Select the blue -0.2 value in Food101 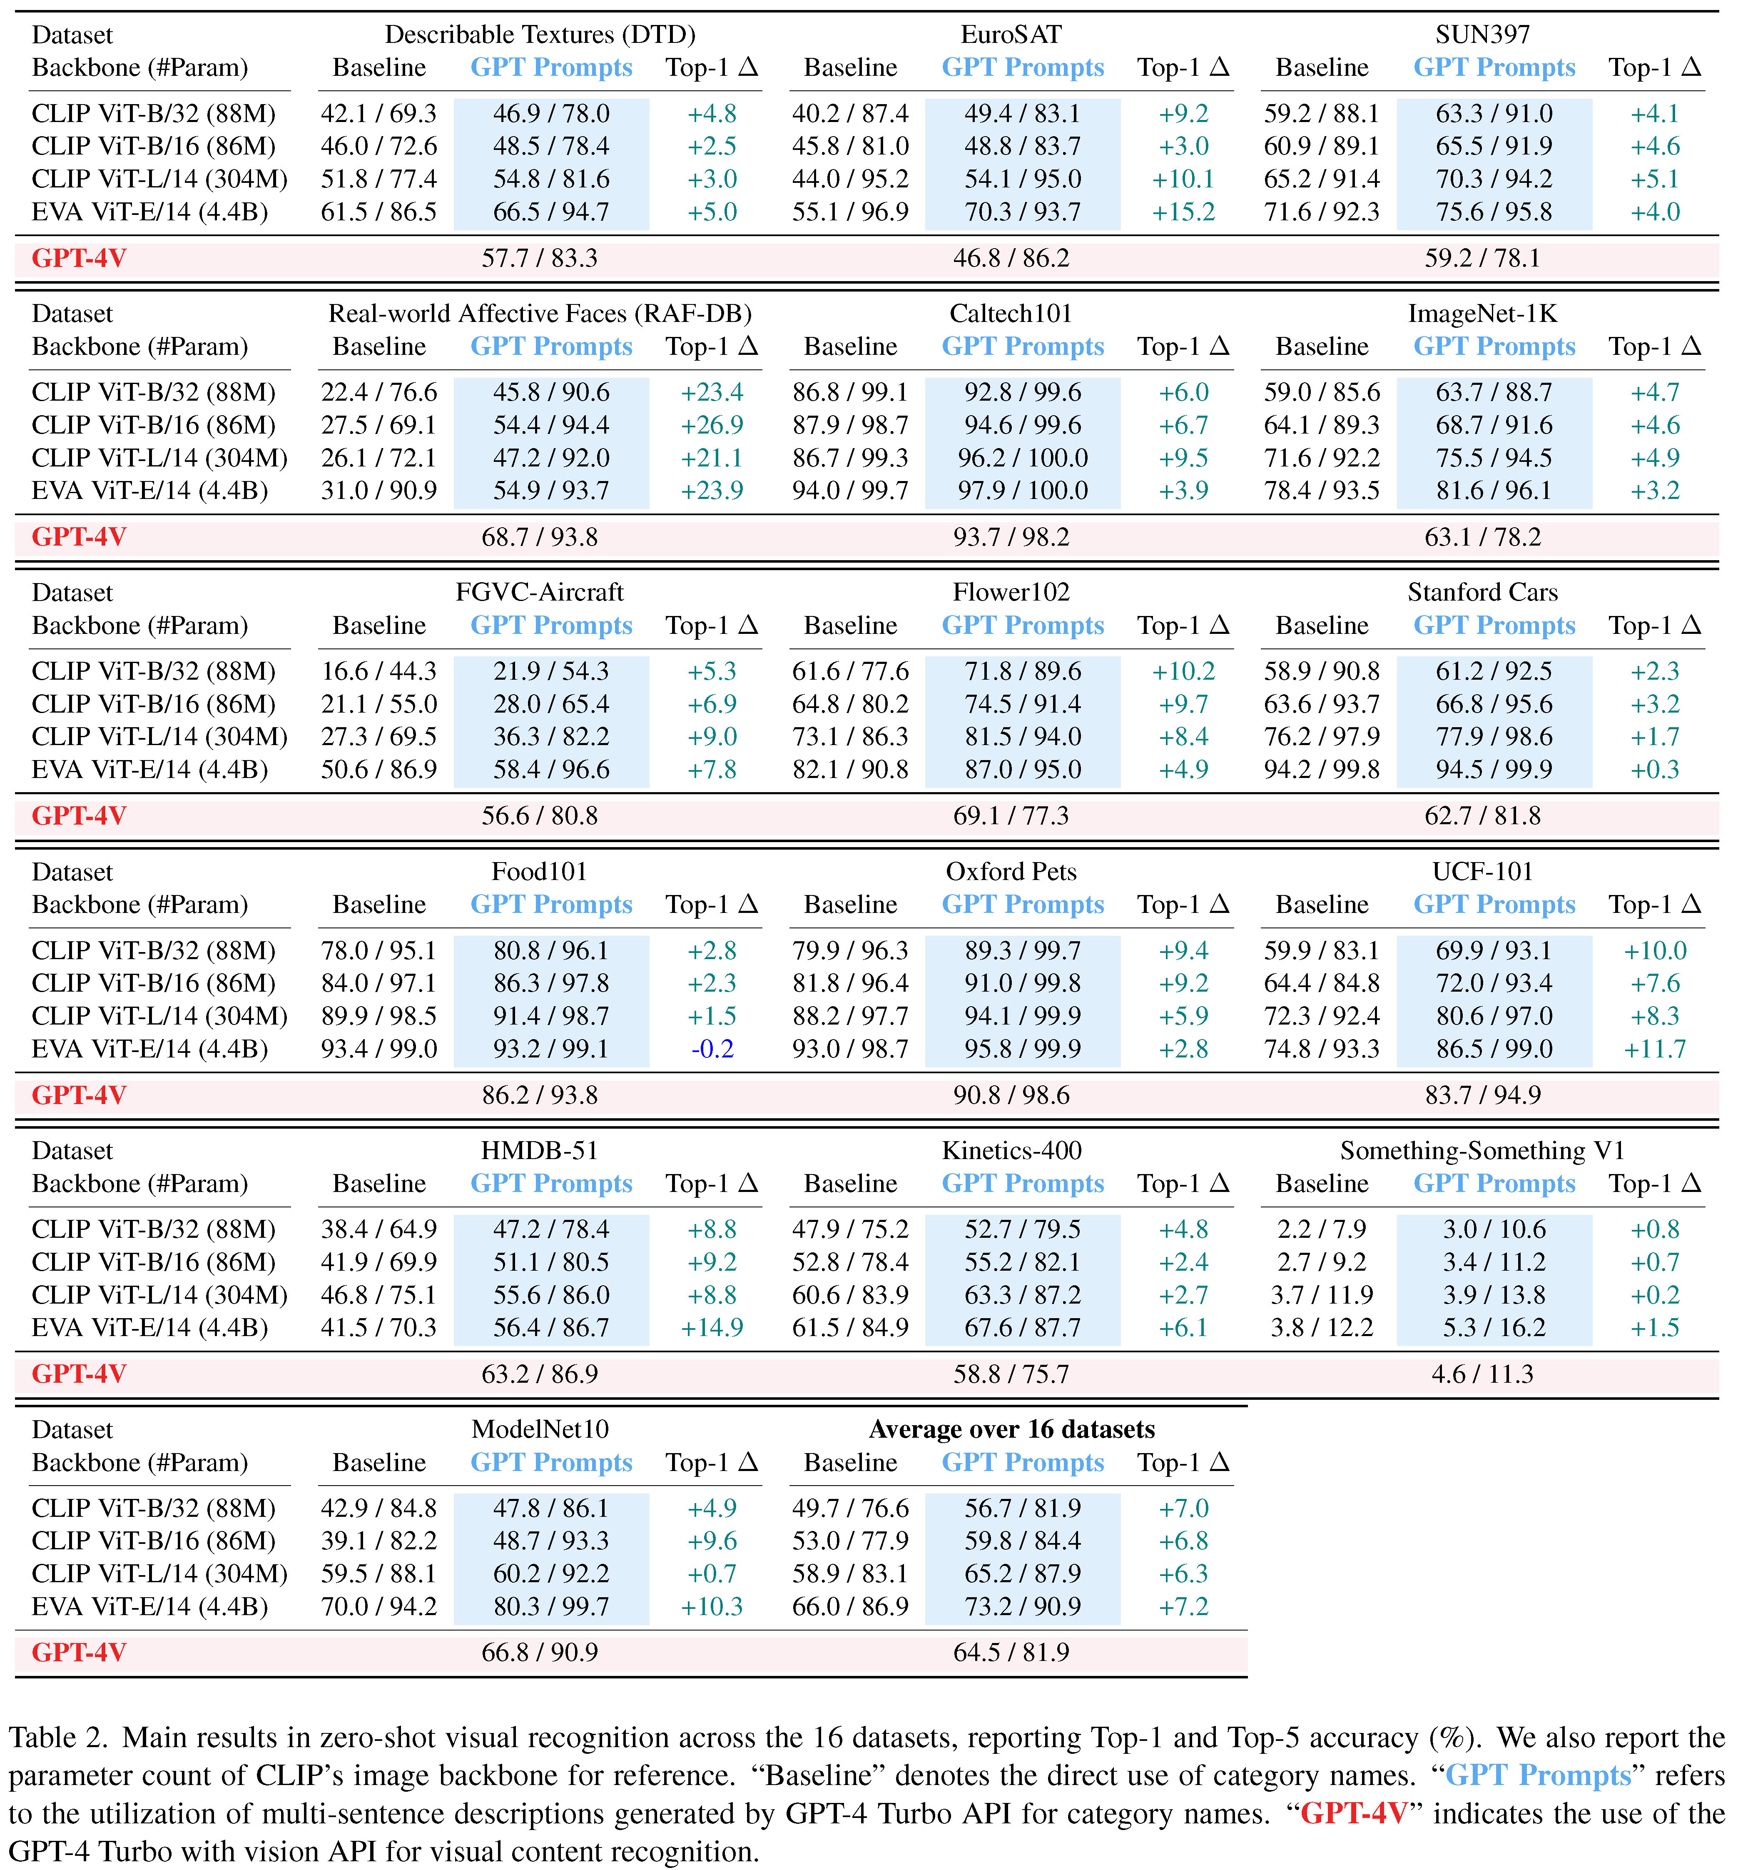[712, 1049]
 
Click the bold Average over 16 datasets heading [1011, 1430]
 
